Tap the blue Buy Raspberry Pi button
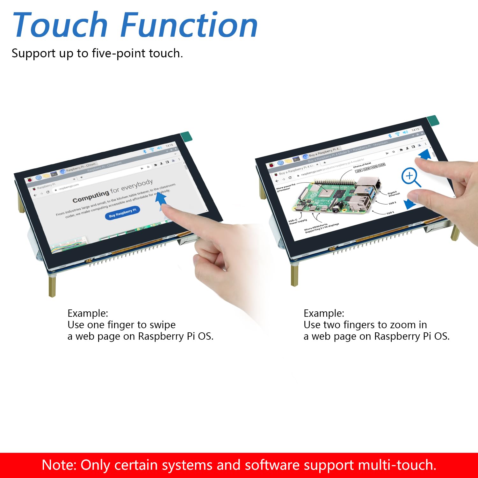(122, 213)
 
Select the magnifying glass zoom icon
(410, 177)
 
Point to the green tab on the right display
(433, 120)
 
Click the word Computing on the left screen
(91, 197)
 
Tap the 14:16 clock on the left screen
(169, 145)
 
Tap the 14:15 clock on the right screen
(415, 130)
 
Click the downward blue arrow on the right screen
(409, 204)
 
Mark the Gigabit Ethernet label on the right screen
(394, 193)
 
